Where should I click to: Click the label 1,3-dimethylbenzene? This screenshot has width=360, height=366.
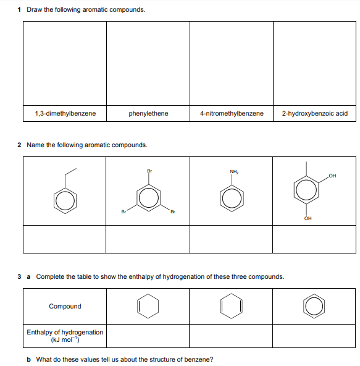[x=65, y=113]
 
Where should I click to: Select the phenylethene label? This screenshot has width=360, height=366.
[x=148, y=113]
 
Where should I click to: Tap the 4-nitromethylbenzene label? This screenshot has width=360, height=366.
[x=232, y=113]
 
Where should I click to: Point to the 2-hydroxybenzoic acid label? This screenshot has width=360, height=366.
[x=314, y=113]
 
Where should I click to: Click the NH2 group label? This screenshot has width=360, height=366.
[x=234, y=172]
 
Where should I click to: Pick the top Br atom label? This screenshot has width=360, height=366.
[x=149, y=171]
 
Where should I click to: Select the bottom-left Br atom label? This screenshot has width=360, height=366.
[x=123, y=211]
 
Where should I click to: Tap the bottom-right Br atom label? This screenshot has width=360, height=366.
[x=173, y=211]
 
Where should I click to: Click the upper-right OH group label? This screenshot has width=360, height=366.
[x=332, y=176]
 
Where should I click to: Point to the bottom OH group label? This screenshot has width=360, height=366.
[x=308, y=218]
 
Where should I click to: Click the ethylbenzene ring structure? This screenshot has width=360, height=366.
[x=54, y=201]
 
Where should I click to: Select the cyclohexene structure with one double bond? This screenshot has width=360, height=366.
[x=138, y=306]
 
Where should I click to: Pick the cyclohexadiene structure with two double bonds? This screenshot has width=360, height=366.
[x=220, y=306]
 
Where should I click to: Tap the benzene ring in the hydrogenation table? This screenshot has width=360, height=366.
[x=304, y=306]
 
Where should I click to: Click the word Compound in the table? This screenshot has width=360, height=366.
[x=65, y=306]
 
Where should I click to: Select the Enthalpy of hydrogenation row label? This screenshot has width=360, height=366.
[x=65, y=336]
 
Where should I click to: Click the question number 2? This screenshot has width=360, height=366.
[x=19, y=145]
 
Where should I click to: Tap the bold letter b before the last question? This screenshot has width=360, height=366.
[x=28, y=359]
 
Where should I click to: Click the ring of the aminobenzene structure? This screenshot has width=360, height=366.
[x=220, y=198]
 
